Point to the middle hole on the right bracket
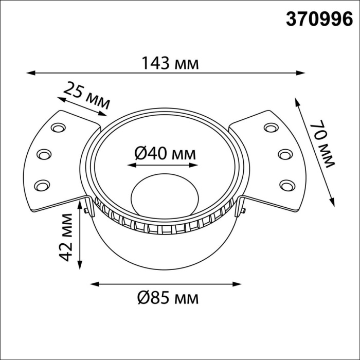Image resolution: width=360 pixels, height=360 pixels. pos(284,154)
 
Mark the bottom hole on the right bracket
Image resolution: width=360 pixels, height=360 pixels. pos(286,184)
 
